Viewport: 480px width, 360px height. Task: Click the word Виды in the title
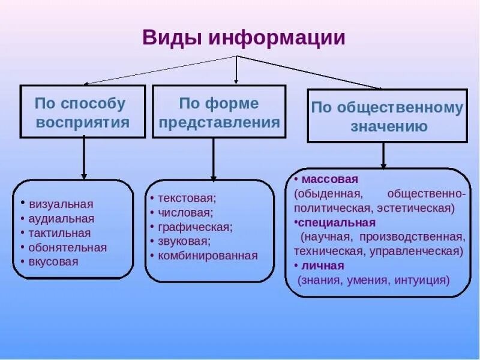172,38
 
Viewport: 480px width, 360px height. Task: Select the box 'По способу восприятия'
83,112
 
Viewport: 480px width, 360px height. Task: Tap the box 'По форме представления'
218,112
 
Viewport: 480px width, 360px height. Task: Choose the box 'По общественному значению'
387,116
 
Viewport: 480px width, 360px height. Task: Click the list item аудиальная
61,218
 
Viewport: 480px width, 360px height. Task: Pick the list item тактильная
59,233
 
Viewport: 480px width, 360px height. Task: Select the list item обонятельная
67,247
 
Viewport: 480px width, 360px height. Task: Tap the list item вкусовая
53,262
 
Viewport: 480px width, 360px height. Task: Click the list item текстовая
187,197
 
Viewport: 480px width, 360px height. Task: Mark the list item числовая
185,212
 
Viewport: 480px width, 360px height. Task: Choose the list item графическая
194,227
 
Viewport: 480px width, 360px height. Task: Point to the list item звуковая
184,241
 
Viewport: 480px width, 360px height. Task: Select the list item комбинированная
208,256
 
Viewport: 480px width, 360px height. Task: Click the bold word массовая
330,179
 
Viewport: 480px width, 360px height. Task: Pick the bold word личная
323,265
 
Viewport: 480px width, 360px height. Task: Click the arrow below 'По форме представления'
213,158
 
